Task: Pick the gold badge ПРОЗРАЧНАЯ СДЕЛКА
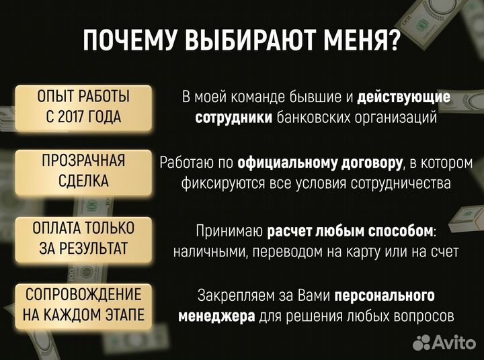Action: pyautogui.click(x=84, y=171)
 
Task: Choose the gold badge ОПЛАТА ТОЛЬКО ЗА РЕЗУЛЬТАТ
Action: pyautogui.click(x=84, y=238)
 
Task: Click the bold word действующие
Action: pyautogui.click(x=403, y=97)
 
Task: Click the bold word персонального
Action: pyautogui.click(x=385, y=296)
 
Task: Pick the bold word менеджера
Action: pyautogui.click(x=216, y=316)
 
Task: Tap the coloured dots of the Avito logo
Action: pyautogui.click(x=421, y=344)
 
